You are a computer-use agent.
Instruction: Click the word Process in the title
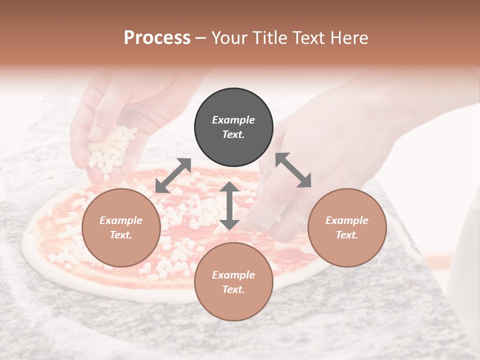click(157, 38)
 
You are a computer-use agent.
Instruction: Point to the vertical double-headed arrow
click(229, 205)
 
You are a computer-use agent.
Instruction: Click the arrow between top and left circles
click(173, 175)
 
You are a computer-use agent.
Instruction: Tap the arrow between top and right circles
click(293, 170)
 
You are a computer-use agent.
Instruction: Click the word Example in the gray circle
click(233, 120)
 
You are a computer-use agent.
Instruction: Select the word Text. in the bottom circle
click(233, 289)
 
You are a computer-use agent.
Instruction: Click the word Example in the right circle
click(347, 220)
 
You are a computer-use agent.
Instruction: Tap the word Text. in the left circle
click(121, 235)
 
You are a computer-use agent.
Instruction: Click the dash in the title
click(201, 38)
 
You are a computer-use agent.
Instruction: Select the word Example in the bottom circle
click(233, 275)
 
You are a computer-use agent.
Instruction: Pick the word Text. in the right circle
click(347, 235)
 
